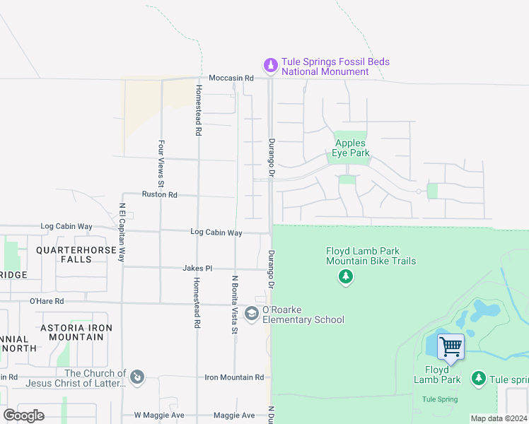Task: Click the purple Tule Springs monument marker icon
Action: pos(269,66)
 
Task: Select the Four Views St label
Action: pos(161,168)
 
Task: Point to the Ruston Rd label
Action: pos(159,194)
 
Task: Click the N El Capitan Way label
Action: pos(122,233)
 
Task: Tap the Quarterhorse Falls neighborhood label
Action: pos(74,254)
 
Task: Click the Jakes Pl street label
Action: pos(197,269)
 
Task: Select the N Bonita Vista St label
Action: pos(234,300)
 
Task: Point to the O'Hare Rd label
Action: pos(47,301)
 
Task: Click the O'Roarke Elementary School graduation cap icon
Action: pos(252,312)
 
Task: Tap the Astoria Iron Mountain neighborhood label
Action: pos(76,332)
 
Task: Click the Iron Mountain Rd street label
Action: pos(234,378)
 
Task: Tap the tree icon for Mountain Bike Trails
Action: pos(346,277)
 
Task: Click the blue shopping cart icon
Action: pos(450,347)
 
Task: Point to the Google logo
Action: pos(24,416)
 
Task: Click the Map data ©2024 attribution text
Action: pos(499,418)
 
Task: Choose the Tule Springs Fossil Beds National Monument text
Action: pos(335,66)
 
